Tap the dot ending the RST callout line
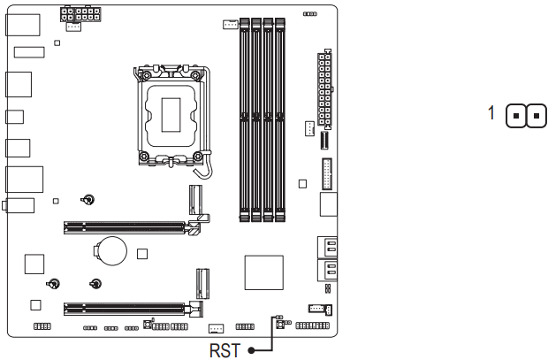pos(252,350)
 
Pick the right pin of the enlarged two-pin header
pos(536,116)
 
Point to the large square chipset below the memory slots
pos(263,270)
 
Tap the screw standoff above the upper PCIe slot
pos(89,199)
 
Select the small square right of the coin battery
pos(141,255)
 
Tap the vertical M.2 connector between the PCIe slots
pos(202,284)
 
